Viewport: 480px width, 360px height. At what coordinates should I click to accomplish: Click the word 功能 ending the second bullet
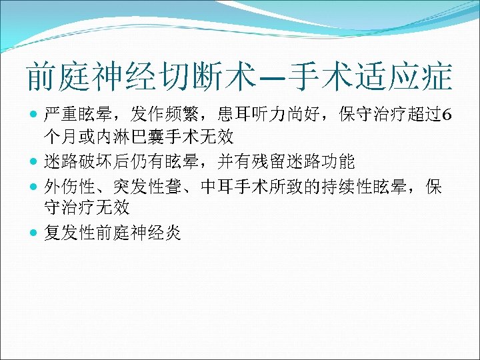tap(345, 161)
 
